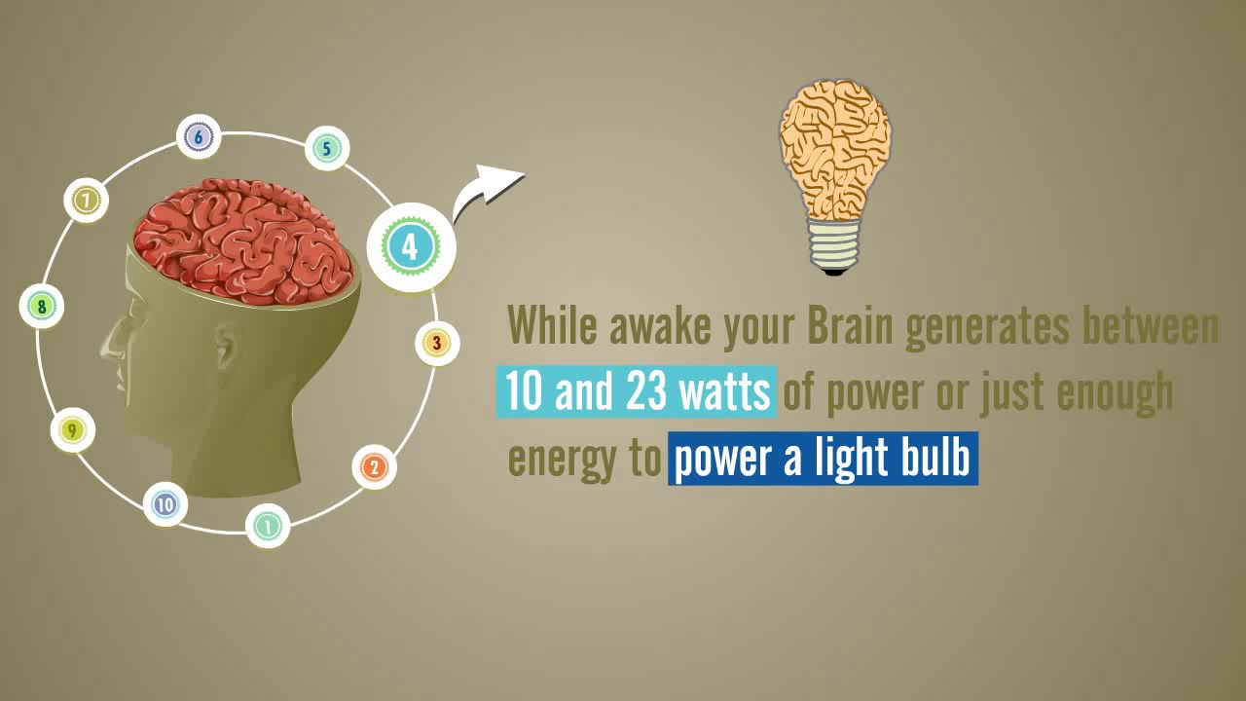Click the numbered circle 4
410,247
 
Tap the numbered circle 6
199,137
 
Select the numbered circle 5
327,149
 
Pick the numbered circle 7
87,201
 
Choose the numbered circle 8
42,307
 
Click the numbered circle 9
72,430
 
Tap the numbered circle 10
165,504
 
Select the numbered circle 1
267,527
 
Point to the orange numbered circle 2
374,467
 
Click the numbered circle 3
437,343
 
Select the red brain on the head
243,239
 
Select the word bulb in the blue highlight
935,459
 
